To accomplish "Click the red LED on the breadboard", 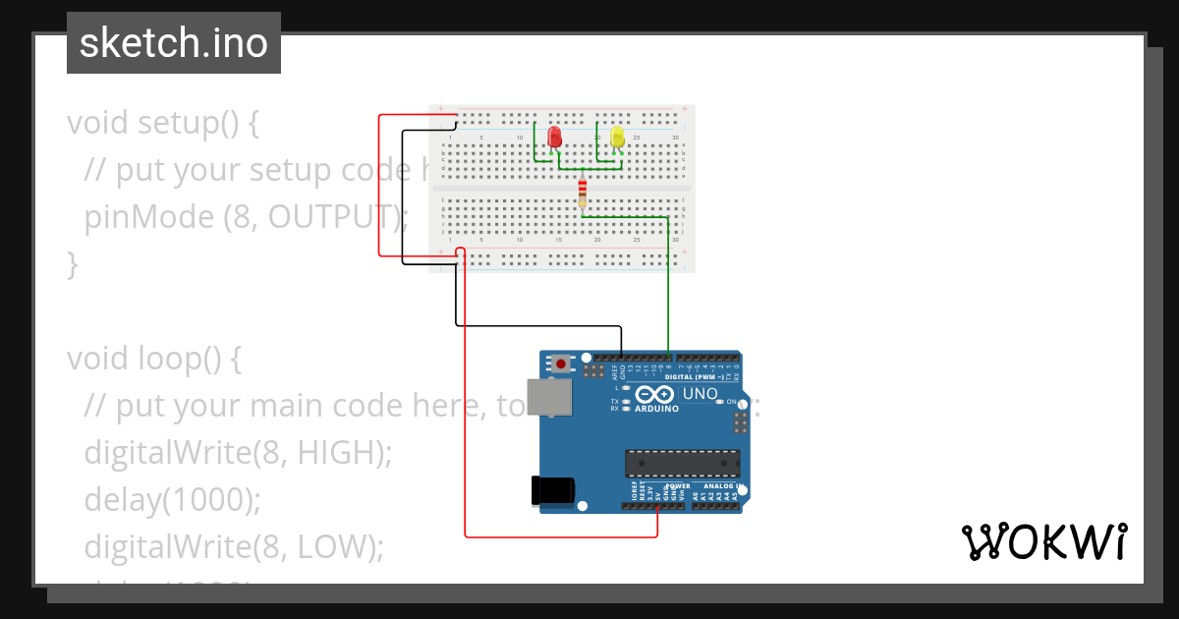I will tap(554, 137).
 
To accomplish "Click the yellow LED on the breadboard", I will tap(617, 137).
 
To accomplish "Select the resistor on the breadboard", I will tap(583, 191).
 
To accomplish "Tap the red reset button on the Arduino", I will tap(561, 364).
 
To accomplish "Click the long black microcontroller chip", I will tap(683, 462).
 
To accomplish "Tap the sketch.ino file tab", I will tap(174, 43).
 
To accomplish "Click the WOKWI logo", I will tap(1043, 541).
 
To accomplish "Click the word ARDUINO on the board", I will tap(656, 409).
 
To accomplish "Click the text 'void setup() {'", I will tap(162, 123).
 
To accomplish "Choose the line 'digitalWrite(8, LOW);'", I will tap(233, 545).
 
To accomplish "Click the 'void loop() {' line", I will tap(153, 359).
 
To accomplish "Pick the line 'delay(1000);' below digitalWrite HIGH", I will tap(172, 499).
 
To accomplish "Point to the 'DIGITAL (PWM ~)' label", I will tap(695, 376).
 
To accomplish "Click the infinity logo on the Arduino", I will tap(656, 394).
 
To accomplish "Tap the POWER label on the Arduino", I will tap(677, 485).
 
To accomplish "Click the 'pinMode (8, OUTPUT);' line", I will tap(246, 216).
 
